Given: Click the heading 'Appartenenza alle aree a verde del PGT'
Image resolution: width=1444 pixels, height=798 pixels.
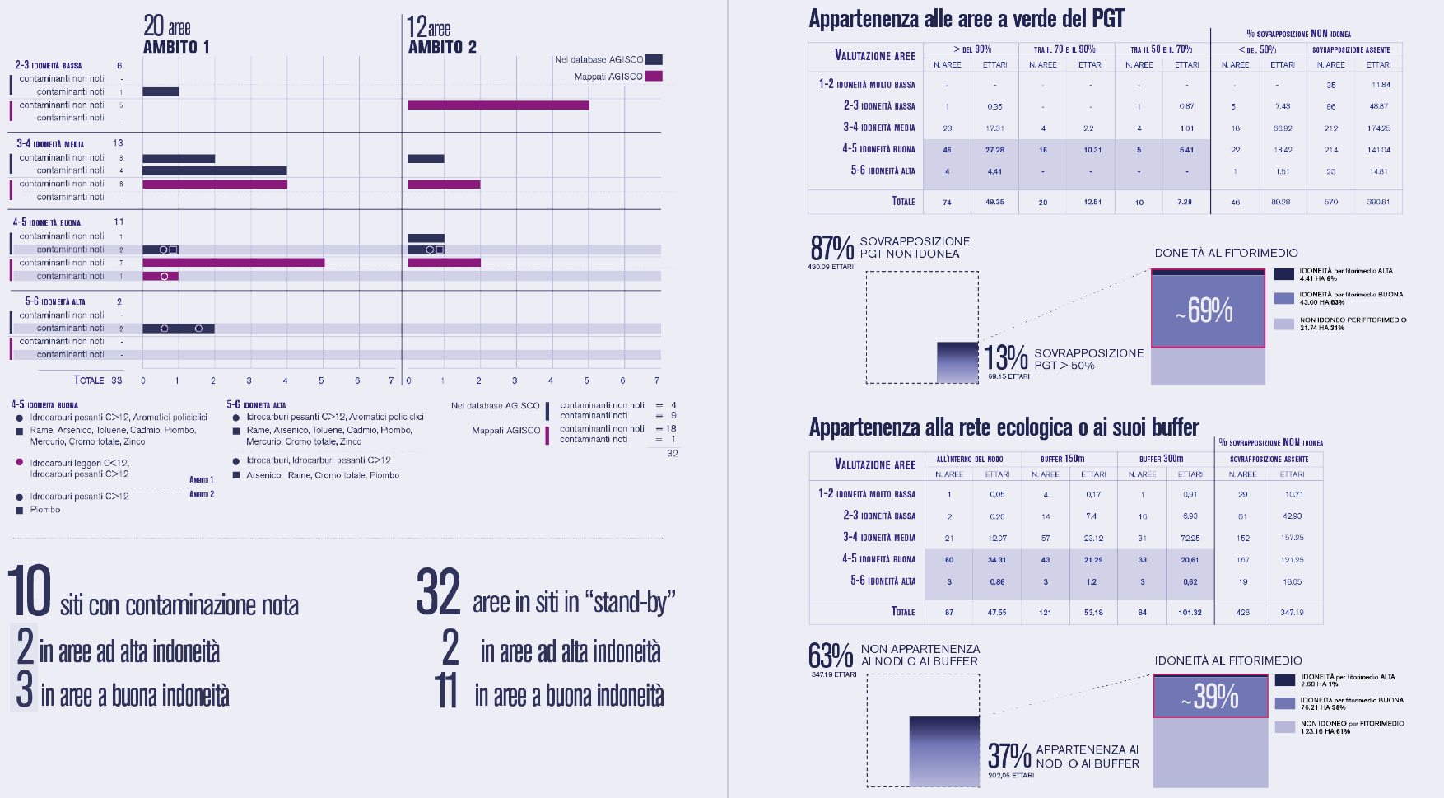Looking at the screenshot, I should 966,19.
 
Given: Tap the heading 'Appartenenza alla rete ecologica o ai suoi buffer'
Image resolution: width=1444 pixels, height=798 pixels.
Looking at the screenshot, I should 1004,427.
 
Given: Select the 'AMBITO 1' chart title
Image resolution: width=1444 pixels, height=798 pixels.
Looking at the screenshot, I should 176,47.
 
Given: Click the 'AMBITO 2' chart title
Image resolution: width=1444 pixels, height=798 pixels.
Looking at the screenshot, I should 442,47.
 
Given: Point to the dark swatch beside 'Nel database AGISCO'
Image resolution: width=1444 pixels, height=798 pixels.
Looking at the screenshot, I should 654,59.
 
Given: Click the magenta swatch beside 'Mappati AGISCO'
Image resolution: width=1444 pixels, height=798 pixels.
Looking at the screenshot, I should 654,77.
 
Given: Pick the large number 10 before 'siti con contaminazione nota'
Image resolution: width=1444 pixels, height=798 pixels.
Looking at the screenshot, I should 30,591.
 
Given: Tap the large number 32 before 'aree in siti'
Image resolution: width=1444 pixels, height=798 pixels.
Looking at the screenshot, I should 438,591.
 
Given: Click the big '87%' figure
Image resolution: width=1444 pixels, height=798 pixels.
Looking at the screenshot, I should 831,247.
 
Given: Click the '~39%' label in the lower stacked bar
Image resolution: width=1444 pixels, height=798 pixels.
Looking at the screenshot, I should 1209,697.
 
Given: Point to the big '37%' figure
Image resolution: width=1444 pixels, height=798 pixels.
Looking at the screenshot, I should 1009,755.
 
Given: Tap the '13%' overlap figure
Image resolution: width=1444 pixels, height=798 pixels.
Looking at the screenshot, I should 1006,357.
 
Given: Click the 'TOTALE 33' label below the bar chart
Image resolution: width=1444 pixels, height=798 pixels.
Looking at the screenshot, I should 97,380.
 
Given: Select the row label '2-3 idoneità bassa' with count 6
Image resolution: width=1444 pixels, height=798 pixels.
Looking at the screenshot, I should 49,65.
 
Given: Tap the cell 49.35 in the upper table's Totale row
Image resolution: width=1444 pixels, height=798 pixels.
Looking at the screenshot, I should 994,202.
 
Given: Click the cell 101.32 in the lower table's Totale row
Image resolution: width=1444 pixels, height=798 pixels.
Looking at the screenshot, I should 1190,613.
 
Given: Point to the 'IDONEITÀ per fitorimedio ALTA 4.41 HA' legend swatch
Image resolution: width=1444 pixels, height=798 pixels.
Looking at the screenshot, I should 1283,274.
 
